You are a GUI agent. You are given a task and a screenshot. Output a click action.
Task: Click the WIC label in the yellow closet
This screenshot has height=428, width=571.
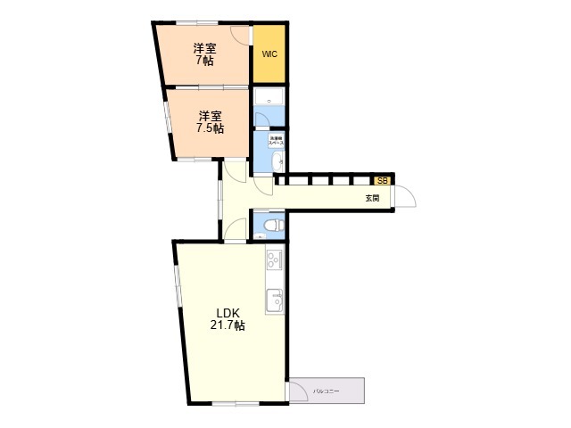[269, 54]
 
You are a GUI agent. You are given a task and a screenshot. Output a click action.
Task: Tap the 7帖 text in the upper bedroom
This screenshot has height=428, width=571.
[204, 62]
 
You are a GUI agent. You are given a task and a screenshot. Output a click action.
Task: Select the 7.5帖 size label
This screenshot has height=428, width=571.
[210, 128]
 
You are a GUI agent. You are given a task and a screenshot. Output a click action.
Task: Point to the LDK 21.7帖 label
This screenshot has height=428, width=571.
[228, 319]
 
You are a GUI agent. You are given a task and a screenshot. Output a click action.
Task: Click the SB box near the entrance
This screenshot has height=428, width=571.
[382, 180]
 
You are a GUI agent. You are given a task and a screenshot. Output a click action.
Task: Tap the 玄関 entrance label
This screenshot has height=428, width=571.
[371, 198]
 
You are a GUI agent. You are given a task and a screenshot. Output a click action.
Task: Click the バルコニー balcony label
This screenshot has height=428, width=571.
[326, 391]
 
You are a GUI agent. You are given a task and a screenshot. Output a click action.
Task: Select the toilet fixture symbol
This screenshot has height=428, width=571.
[272, 224]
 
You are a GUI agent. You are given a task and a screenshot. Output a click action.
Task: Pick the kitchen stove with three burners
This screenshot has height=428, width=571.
[274, 259]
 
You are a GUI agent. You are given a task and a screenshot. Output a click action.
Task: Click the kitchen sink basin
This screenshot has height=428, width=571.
[274, 300]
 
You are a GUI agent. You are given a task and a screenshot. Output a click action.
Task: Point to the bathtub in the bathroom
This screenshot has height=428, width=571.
[269, 97]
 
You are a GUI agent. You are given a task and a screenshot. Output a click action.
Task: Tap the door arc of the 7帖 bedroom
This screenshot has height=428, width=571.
[239, 34]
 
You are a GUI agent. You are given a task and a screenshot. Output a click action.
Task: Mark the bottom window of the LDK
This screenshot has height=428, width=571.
[236, 405]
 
